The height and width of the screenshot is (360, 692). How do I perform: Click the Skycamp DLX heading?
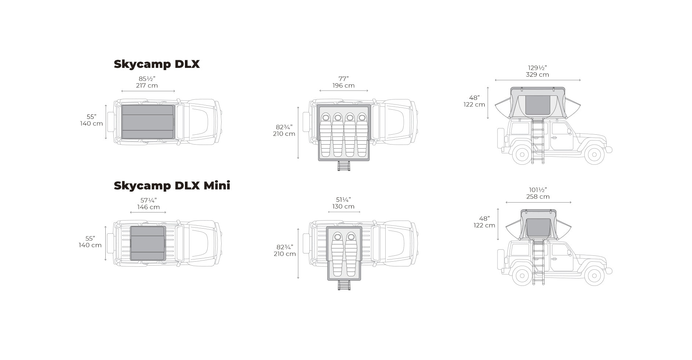pyautogui.click(x=157, y=64)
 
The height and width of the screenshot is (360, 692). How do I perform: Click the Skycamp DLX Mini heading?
pyautogui.click(x=172, y=186)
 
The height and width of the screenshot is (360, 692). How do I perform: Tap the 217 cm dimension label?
pyautogui.click(x=147, y=86)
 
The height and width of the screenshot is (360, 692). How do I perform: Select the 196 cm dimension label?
pyautogui.click(x=343, y=86)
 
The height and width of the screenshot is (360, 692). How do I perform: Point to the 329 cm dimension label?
pyautogui.click(x=538, y=74)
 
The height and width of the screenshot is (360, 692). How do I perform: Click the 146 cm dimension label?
pyautogui.click(x=149, y=207)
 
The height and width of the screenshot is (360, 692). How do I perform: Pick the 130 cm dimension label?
pyautogui.click(x=343, y=206)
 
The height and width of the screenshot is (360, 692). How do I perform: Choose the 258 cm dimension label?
pyautogui.click(x=538, y=196)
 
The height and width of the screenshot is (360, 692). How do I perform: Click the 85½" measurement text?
pyautogui.click(x=147, y=79)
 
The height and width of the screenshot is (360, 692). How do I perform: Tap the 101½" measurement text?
pyautogui.click(x=538, y=190)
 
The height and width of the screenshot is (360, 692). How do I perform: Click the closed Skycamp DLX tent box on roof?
pyautogui.click(x=148, y=122)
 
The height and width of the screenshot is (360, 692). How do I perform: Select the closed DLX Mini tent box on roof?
pyautogui.click(x=148, y=243)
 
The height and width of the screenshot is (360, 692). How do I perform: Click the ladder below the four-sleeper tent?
pyautogui.click(x=344, y=166)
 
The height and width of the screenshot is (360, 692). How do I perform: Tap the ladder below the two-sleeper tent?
pyautogui.click(x=344, y=285)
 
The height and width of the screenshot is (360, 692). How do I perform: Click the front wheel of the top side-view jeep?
pyautogui.click(x=594, y=154)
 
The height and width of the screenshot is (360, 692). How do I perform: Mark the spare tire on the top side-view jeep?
pyautogui.click(x=500, y=138)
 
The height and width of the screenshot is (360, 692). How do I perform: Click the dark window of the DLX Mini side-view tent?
pyautogui.click(x=538, y=228)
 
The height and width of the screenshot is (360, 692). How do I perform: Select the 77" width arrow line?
pyautogui.click(x=343, y=91)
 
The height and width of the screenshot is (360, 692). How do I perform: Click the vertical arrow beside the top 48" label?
pyautogui.click(x=488, y=103)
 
